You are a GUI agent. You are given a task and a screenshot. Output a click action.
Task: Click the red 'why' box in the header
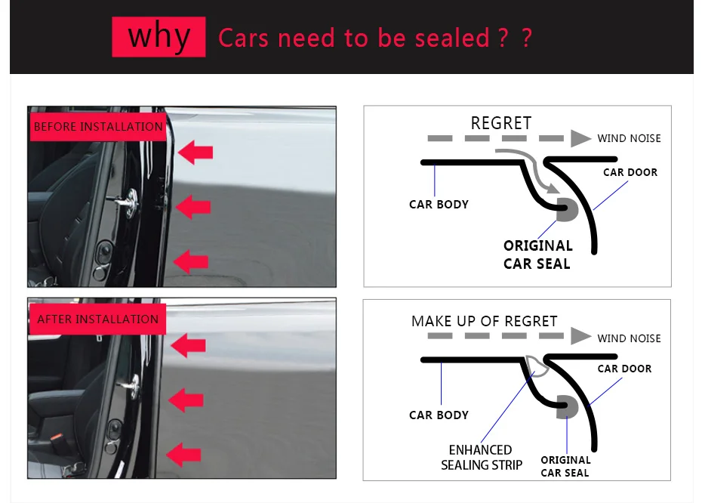[x=159, y=36]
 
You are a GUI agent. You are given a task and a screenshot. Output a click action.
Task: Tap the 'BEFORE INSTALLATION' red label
[x=98, y=126]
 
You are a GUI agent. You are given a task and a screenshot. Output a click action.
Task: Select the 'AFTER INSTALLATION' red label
[x=98, y=319]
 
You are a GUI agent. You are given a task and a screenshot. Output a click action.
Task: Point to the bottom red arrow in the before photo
[x=192, y=261]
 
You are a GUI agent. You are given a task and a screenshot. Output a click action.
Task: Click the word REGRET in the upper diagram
[x=501, y=123]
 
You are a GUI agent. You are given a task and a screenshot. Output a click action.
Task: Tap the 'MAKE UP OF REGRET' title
[x=484, y=321]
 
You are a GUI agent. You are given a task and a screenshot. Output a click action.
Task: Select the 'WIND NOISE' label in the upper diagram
[x=629, y=138]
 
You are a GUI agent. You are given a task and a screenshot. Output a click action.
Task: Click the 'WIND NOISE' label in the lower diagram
[x=629, y=338]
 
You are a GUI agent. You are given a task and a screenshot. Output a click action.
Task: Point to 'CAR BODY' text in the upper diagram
[x=439, y=204]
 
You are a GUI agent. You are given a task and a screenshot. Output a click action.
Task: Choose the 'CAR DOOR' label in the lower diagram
[x=624, y=369]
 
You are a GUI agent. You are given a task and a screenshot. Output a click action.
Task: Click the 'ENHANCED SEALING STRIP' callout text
[x=482, y=458]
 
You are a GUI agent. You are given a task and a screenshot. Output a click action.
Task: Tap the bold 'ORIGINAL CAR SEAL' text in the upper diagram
[x=537, y=255]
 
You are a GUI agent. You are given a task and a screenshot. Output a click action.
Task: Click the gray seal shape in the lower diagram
[x=566, y=407]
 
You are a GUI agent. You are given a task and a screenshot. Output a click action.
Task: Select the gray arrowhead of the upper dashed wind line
[x=580, y=138]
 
